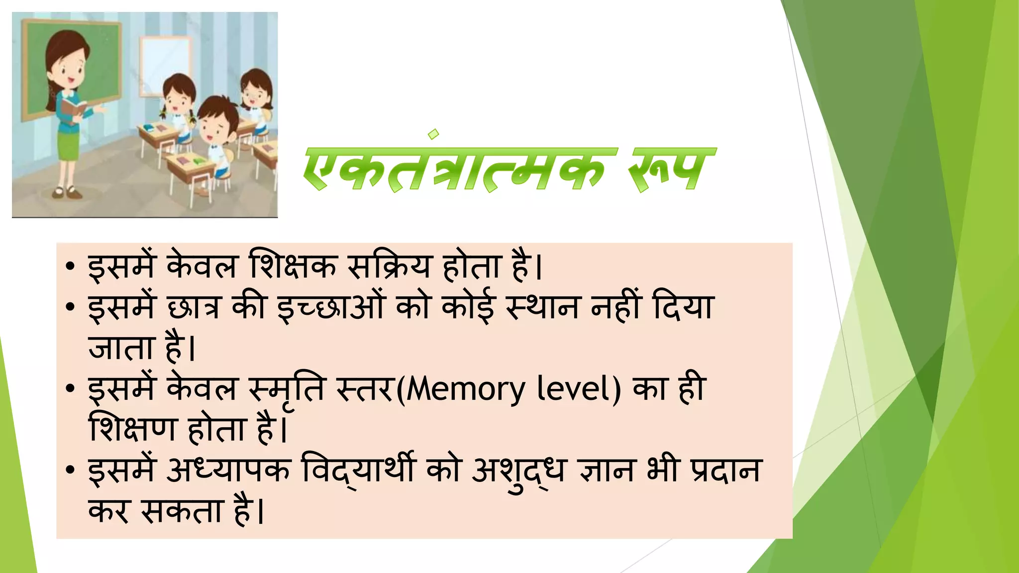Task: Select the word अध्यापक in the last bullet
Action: pos(228,470)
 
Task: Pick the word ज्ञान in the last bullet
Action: pos(607,470)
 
